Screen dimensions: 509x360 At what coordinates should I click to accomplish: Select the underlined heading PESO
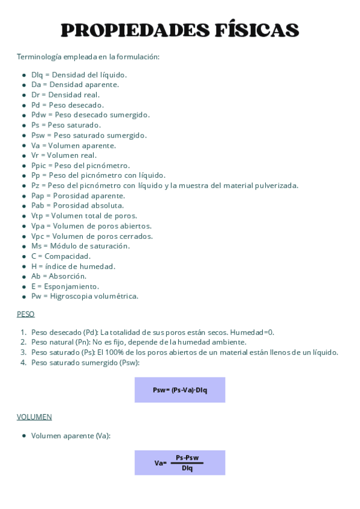[x=26, y=314]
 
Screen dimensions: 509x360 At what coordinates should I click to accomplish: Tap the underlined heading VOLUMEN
[x=34, y=417]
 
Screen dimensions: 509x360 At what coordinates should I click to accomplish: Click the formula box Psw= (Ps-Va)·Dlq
[x=179, y=390]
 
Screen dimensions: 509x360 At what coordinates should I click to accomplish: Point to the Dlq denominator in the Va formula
[x=187, y=468]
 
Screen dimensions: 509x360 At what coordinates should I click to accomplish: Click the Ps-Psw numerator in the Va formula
[x=187, y=458]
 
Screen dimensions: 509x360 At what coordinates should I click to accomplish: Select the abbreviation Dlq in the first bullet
[x=38, y=75]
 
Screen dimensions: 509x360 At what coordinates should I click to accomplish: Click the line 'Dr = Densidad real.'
[x=65, y=95]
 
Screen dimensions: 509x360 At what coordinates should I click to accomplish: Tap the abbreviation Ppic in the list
[x=38, y=166]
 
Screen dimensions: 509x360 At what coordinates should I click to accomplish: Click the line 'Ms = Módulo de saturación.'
[x=80, y=246]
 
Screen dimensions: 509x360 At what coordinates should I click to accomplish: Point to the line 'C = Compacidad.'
[x=61, y=256]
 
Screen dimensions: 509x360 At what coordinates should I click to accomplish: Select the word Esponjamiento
[x=71, y=286]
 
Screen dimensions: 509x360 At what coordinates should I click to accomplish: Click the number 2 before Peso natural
[x=23, y=342]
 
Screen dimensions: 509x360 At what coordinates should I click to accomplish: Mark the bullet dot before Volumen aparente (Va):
[x=24, y=436]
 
